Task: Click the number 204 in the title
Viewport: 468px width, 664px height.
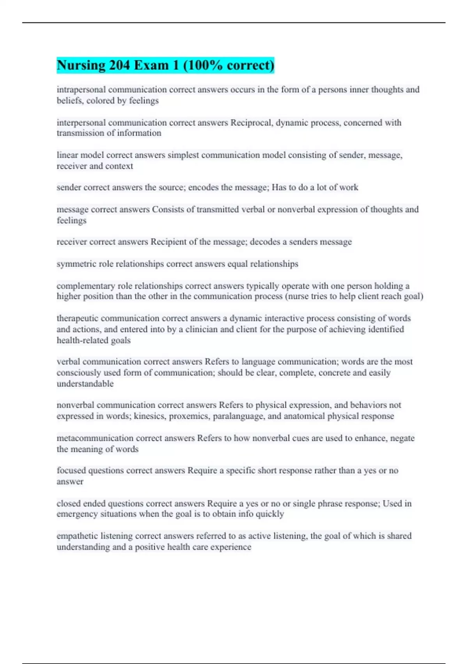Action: tap(119, 65)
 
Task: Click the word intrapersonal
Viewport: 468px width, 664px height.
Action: tap(81, 90)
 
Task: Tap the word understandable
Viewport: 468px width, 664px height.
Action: tap(85, 384)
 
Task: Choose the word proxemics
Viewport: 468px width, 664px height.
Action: tap(190, 416)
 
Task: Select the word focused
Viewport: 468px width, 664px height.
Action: tap(71, 471)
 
